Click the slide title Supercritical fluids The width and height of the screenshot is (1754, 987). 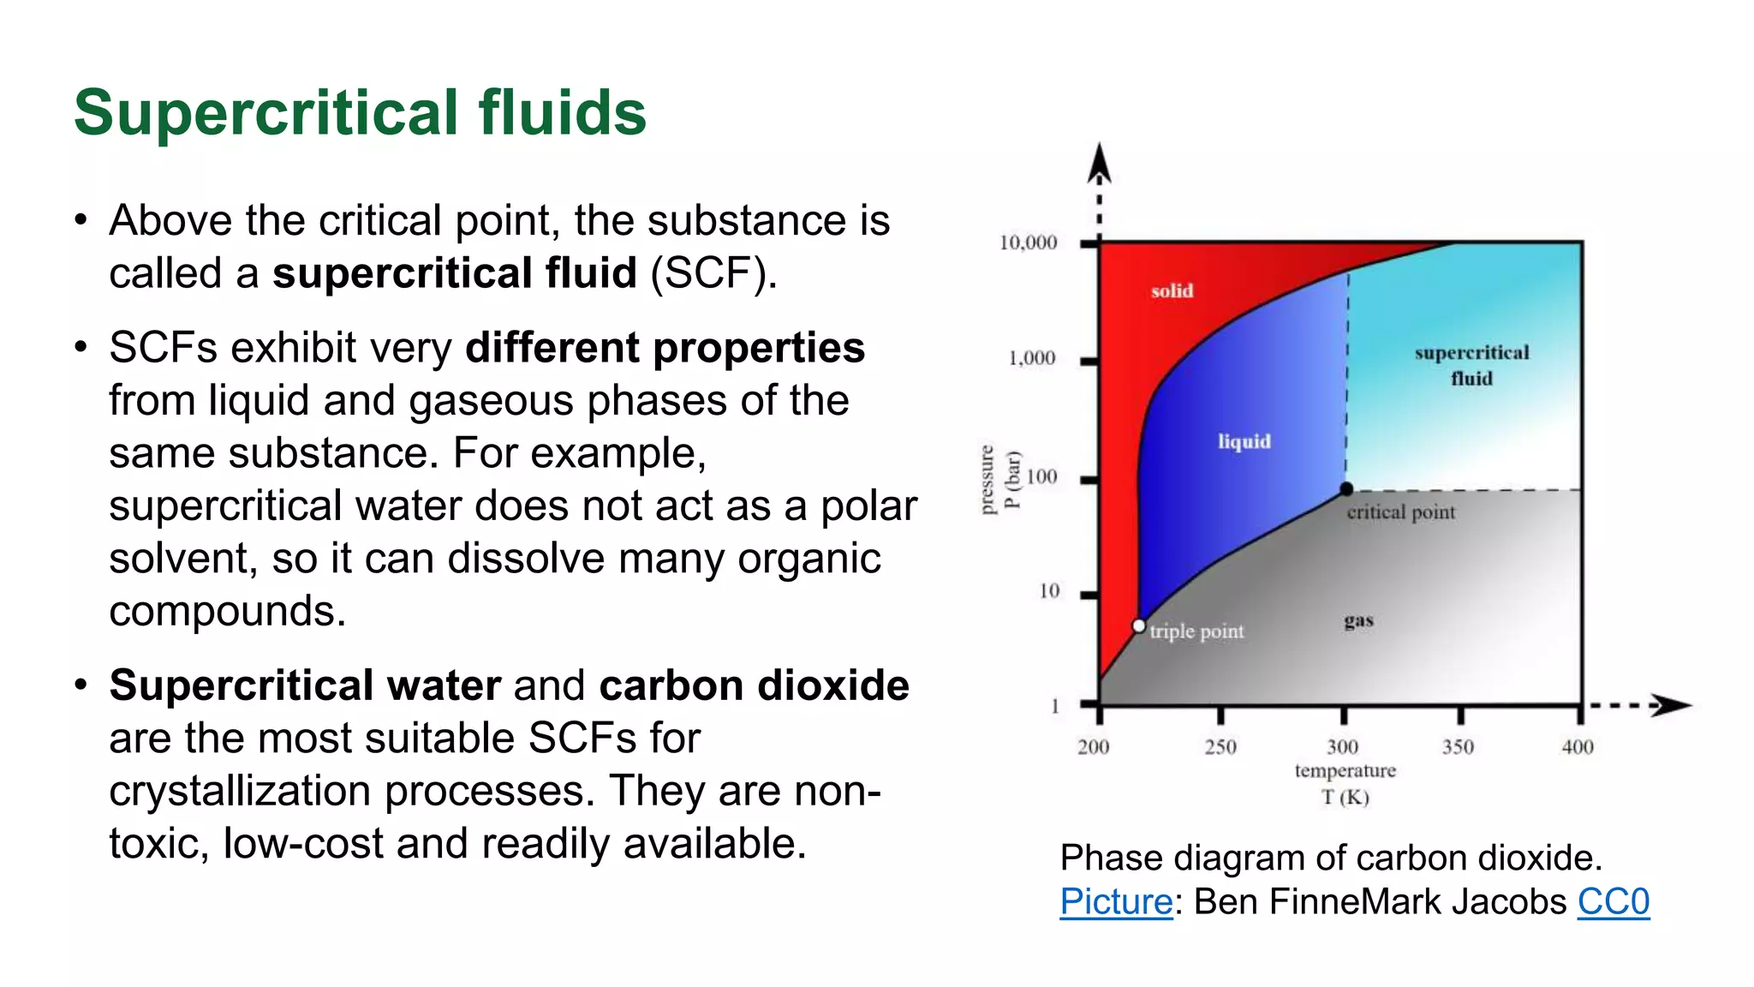point(360,112)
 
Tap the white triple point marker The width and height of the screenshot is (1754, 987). point(1138,626)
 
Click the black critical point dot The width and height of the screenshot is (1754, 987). point(1346,489)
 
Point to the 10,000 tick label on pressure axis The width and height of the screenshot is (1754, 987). point(1028,243)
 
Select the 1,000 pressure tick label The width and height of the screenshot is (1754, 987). point(1031,358)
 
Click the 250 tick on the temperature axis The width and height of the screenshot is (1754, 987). point(1220,747)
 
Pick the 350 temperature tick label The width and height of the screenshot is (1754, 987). point(1458,747)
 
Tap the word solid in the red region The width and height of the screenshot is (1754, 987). point(1172,291)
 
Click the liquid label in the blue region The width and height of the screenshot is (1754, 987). point(1244,441)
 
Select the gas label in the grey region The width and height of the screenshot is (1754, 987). point(1358,620)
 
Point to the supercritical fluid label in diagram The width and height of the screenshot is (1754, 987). point(1471,365)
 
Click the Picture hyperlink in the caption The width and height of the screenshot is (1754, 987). point(1115,902)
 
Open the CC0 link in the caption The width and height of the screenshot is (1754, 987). point(1613,902)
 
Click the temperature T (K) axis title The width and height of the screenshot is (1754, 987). point(1345,784)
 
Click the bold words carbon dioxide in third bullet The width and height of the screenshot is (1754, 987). point(754,685)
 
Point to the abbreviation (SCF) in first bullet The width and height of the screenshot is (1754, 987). point(713,273)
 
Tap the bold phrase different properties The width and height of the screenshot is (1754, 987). point(665,348)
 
